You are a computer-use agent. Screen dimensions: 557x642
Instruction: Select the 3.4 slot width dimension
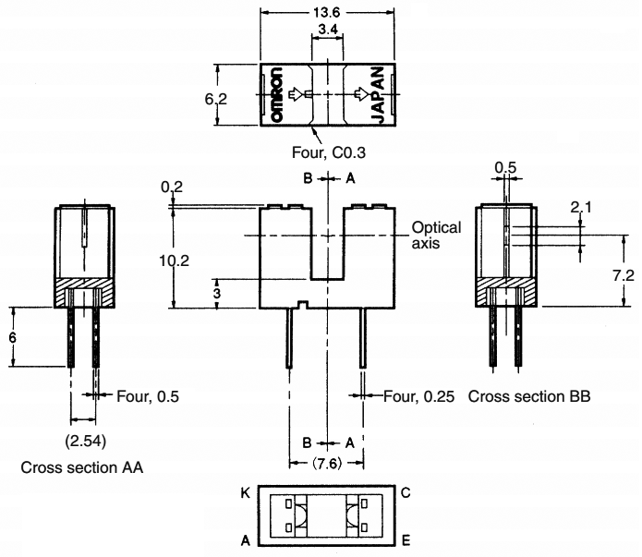pyautogui.click(x=326, y=30)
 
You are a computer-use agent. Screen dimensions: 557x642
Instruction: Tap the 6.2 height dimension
pyautogui.click(x=216, y=96)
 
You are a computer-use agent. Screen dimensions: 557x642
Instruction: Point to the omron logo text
pyautogui.click(x=276, y=95)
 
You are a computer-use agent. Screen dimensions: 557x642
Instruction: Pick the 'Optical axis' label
pyautogui.click(x=436, y=236)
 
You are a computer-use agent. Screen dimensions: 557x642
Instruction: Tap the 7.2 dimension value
pyautogui.click(x=624, y=276)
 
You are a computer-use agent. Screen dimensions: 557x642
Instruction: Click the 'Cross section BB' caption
pyautogui.click(x=529, y=396)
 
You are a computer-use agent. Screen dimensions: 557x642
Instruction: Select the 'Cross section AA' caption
pyautogui.click(x=81, y=467)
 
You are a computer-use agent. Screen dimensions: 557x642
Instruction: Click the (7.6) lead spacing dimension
pyautogui.click(x=328, y=461)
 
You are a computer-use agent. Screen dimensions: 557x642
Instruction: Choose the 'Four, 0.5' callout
pyautogui.click(x=147, y=396)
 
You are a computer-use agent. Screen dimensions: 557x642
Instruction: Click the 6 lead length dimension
pyautogui.click(x=13, y=337)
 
